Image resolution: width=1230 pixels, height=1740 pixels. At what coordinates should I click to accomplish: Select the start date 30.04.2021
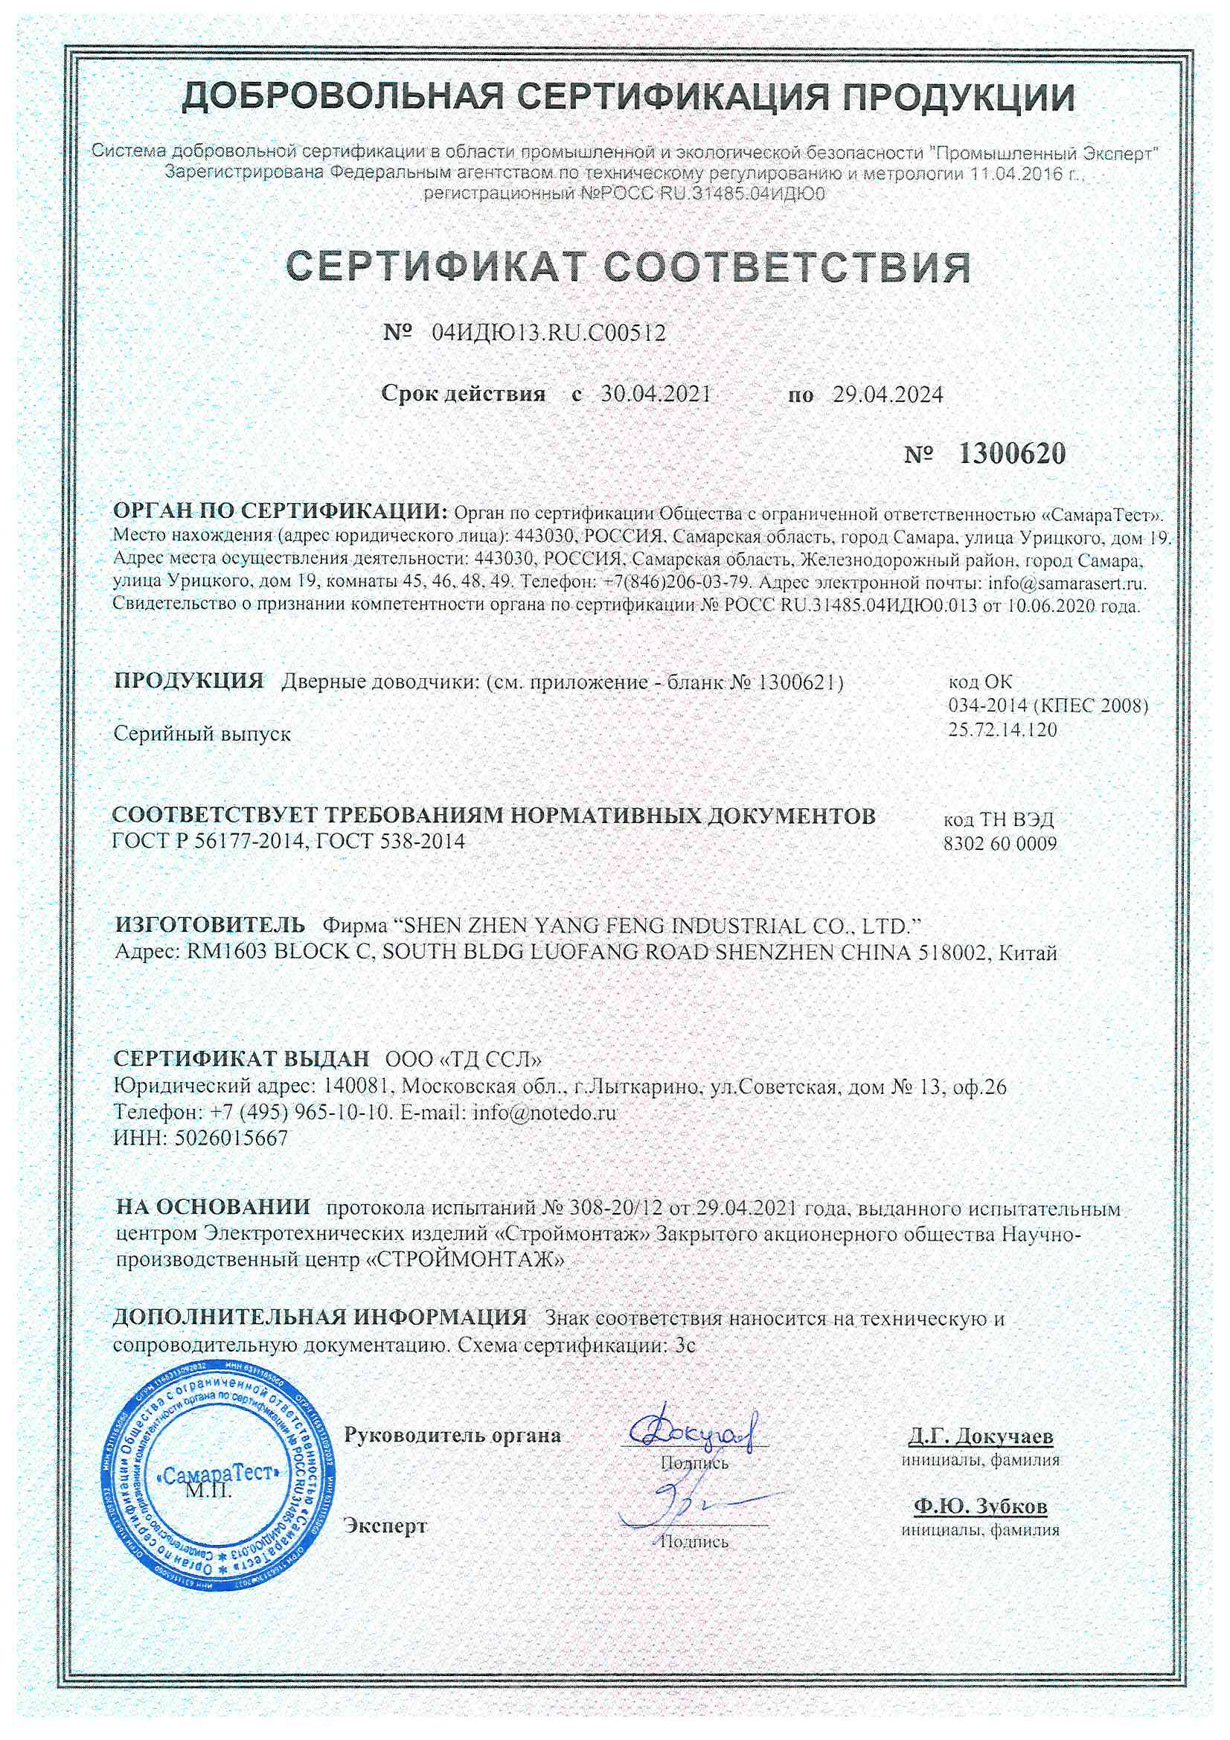click(x=656, y=394)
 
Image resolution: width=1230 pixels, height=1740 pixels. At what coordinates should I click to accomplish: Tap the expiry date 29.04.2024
click(x=888, y=394)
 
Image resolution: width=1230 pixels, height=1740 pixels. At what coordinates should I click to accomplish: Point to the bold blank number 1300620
click(x=1012, y=454)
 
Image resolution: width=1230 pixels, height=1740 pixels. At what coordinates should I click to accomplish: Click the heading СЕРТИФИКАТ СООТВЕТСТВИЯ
click(x=629, y=266)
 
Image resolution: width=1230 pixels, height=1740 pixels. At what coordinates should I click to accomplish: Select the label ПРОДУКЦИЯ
click(x=189, y=679)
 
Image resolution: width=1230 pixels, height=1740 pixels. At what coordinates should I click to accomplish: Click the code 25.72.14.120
click(x=1002, y=730)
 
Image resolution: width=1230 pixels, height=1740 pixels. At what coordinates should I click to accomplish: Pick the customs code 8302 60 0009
click(x=999, y=843)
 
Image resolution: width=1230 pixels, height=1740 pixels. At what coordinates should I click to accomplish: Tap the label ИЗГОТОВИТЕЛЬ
click(x=210, y=924)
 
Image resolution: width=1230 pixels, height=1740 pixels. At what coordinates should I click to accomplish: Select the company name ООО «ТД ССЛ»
click(x=463, y=1058)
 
